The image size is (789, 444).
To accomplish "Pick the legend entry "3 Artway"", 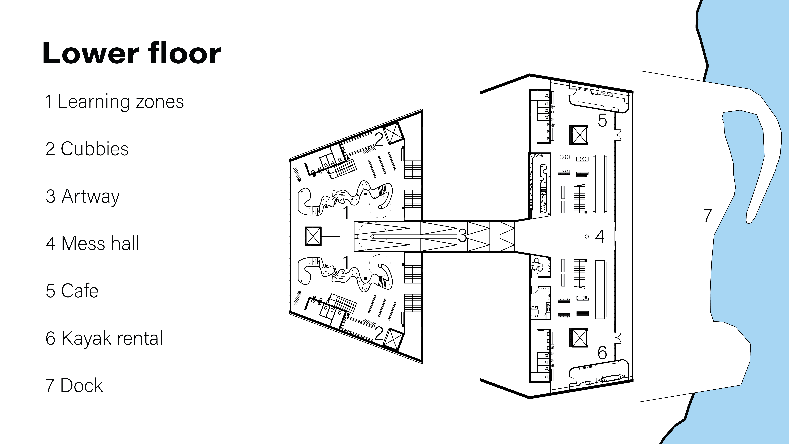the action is point(83,196).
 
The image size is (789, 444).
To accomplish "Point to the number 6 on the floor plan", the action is point(602,353).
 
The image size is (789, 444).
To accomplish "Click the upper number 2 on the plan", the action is point(379,139).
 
